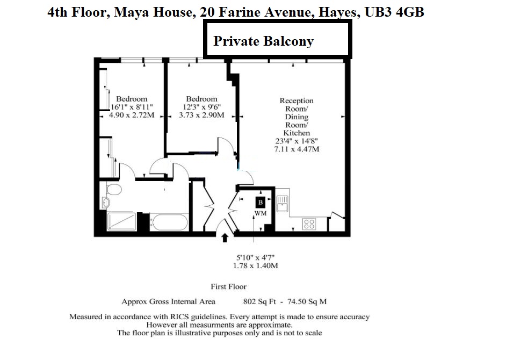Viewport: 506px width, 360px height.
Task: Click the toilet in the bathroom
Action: click(114, 190)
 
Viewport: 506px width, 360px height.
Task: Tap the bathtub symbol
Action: click(169, 221)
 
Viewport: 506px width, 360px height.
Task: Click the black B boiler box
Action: click(261, 203)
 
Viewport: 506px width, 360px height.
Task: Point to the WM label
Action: click(261, 213)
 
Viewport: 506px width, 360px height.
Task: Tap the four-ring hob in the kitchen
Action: click(309, 224)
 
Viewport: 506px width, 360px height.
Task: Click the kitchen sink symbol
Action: click(282, 205)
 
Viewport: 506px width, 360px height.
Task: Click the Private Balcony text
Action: click(263, 41)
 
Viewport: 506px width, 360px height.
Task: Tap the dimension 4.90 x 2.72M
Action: click(132, 114)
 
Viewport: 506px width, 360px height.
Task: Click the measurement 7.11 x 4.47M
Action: click(297, 149)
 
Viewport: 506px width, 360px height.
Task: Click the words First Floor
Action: click(229, 287)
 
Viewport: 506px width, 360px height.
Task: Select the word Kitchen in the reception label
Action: click(297, 133)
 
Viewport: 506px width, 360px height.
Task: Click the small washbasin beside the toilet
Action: click(105, 203)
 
